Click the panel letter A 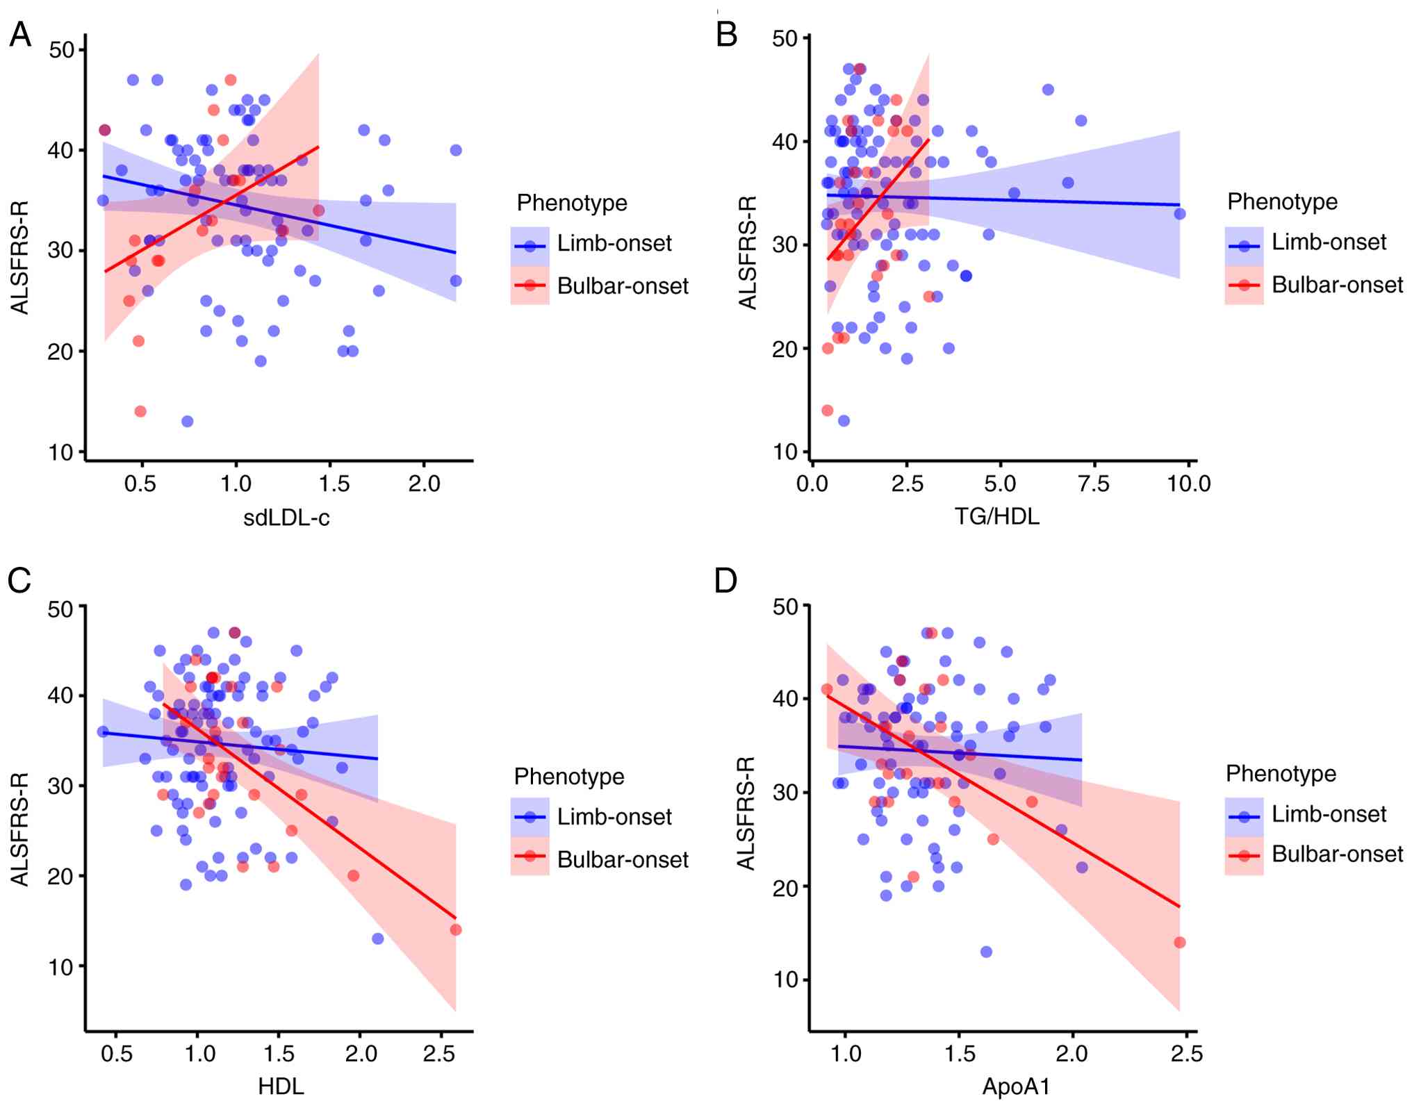[20, 35]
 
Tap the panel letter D [726, 580]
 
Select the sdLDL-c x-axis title [286, 518]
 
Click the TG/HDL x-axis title [997, 516]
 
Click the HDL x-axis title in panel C [281, 1086]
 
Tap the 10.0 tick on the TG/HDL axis [1188, 484]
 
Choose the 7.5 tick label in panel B [1094, 484]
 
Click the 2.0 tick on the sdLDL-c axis [424, 484]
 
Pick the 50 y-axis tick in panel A [63, 50]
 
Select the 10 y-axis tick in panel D [785, 979]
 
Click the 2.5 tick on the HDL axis [439, 1055]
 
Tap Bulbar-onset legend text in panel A [623, 286]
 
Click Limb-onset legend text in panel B [1329, 242]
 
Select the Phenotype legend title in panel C [569, 776]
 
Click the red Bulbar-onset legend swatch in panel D [1244, 855]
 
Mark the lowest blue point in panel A [187, 421]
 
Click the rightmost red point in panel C [456, 929]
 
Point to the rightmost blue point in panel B [1180, 213]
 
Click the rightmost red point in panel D [1179, 942]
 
